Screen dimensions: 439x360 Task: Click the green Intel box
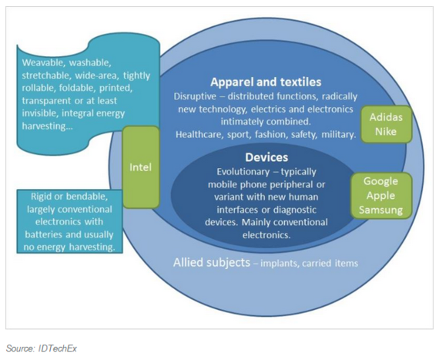coord(141,167)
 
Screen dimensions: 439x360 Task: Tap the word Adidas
coord(386,117)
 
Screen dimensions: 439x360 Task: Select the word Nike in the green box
coord(386,131)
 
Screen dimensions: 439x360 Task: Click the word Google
coord(380,181)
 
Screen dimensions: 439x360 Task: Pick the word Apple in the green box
coord(380,196)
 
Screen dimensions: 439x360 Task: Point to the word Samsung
coord(380,210)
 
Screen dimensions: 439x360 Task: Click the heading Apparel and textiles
coord(266,82)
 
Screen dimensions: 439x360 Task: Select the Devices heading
coord(266,157)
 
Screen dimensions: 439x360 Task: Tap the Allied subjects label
coord(212,263)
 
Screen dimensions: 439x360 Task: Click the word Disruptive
coord(195,96)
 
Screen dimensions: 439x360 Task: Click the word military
coord(338,135)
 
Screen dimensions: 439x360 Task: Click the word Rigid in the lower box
coord(41,197)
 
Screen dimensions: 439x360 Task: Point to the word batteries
coord(44,235)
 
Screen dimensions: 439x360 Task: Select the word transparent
coord(47,101)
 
